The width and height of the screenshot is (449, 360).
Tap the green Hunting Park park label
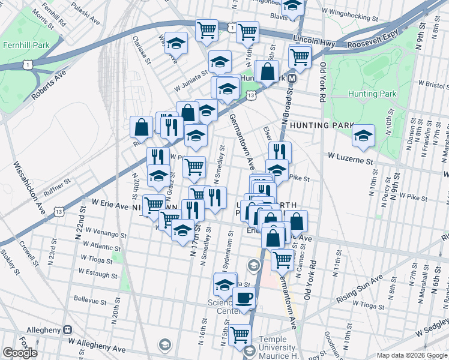pos(372,94)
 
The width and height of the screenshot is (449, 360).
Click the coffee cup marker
pos(243,298)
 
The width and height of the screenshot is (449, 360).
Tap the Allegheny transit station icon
pos(67,329)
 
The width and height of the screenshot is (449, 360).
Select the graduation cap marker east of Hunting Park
pos(363,137)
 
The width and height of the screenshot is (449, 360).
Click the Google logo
pos(20,353)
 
